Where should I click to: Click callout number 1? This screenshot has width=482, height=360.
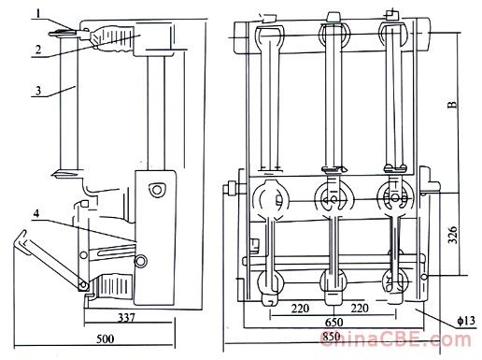38,13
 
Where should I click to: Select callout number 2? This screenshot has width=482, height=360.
38,50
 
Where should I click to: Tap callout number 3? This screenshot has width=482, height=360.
38,91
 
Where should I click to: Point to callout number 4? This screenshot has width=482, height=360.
36,213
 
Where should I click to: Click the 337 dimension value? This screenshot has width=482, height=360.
127,318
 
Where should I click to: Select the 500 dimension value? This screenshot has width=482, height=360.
106,338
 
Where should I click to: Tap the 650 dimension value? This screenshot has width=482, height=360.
333,322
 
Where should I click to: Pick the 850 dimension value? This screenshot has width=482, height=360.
332,337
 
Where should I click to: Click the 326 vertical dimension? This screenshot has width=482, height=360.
452,235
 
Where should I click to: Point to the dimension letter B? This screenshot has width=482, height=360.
453,105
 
